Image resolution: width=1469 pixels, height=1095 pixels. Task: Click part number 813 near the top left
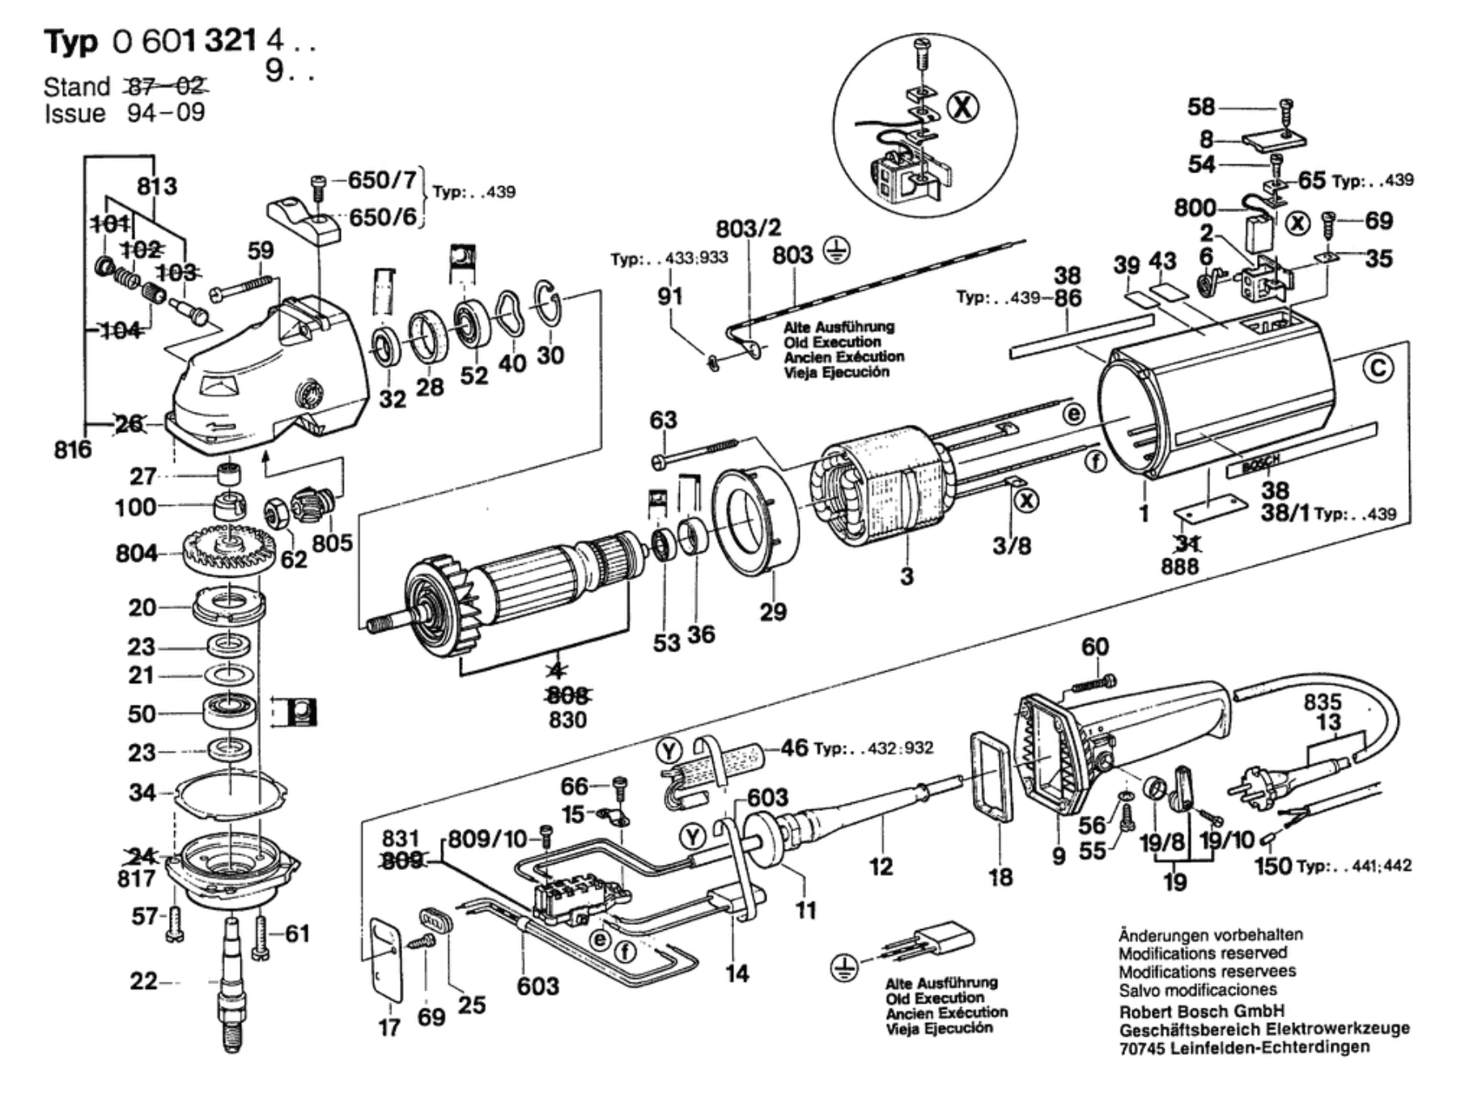tap(156, 186)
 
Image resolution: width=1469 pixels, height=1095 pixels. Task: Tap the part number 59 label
tap(260, 250)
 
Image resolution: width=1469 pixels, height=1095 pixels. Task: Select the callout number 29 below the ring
tap(773, 611)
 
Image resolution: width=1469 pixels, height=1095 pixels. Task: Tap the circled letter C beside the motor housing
tap(1378, 368)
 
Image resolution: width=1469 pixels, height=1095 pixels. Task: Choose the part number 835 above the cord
tap(1322, 701)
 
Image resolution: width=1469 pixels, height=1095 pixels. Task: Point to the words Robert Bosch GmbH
tap(1201, 1011)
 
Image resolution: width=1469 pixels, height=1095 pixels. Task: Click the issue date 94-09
tap(166, 112)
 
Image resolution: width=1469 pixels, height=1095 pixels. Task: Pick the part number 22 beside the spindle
tap(143, 982)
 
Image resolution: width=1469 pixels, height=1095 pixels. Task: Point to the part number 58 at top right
tap(1201, 106)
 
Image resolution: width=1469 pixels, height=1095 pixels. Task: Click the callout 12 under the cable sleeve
tap(881, 866)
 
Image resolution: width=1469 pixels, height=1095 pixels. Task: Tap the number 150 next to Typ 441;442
tap(1273, 866)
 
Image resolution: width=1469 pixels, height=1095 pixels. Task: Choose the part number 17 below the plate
tap(389, 1027)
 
